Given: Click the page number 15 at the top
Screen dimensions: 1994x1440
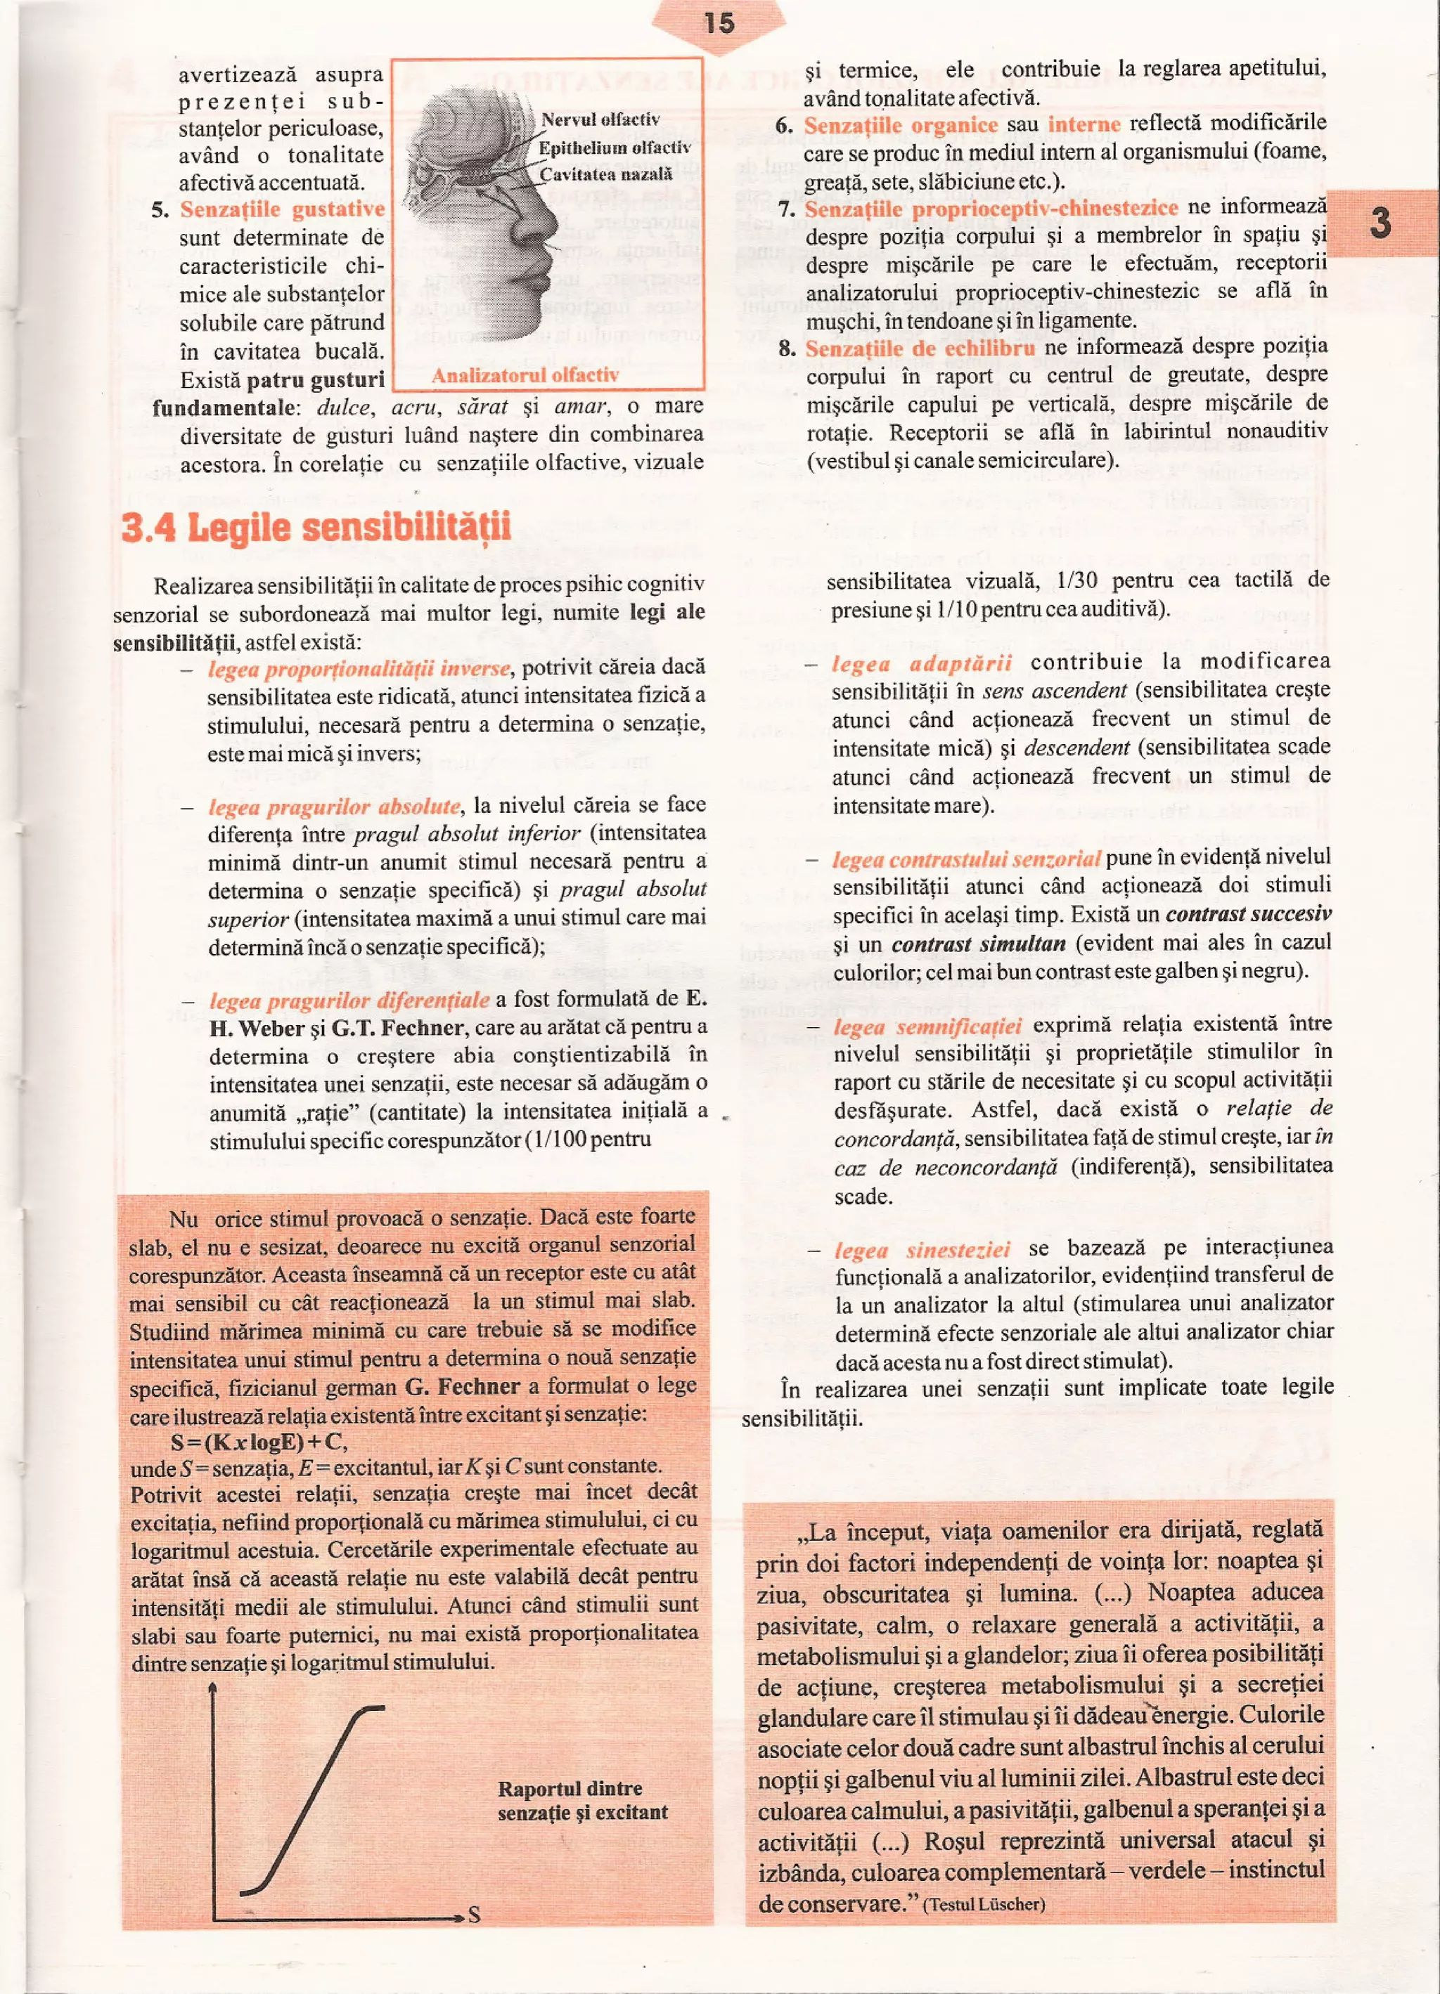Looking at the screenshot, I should (x=719, y=22).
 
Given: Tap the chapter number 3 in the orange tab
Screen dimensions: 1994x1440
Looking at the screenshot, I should (x=1380, y=223).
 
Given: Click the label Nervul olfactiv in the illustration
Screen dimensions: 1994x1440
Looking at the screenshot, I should (x=600, y=119).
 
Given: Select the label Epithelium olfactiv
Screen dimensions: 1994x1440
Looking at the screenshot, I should (x=614, y=148).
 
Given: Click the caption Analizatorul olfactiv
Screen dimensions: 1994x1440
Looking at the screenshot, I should (x=525, y=375).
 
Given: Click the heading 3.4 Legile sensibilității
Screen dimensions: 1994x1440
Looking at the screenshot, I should (x=316, y=528).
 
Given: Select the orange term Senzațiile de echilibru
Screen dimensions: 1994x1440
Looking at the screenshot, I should (x=920, y=348).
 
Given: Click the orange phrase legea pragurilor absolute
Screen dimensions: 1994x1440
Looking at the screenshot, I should (x=334, y=806).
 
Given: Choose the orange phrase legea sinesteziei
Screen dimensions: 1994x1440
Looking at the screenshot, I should (x=922, y=1249).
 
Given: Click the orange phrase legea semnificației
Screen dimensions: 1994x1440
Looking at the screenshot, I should (x=927, y=1026).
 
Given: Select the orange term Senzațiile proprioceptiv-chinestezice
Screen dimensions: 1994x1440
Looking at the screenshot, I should (x=991, y=209).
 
